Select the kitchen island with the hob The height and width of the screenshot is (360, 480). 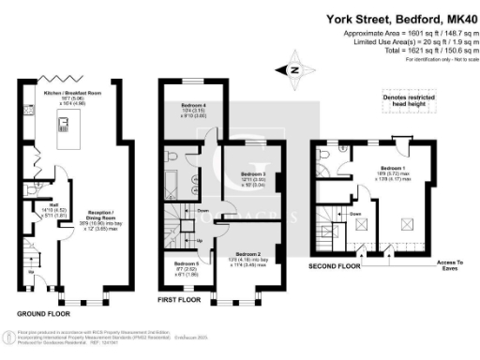[65, 123]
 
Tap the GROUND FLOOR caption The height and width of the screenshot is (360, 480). [44, 312]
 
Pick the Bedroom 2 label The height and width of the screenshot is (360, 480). [247, 254]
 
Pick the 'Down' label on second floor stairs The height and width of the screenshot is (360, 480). [354, 214]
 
